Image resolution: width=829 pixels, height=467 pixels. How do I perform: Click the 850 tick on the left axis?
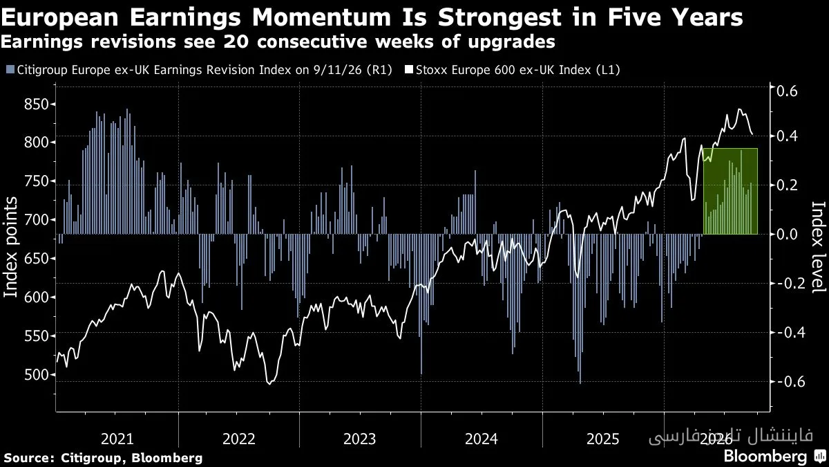[36, 104]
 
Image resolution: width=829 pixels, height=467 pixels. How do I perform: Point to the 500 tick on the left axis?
[36, 374]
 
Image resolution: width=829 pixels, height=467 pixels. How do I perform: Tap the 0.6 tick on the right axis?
[787, 91]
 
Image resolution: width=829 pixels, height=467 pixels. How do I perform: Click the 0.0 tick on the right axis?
[787, 235]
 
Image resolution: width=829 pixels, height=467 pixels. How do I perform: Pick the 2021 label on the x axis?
[117, 439]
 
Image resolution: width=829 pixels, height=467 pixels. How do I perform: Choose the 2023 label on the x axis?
[360, 439]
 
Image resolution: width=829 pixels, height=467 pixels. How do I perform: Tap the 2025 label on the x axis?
[603, 439]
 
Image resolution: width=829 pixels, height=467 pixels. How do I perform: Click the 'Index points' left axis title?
[10, 247]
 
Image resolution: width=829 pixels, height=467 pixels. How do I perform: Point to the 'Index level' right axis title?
[819, 247]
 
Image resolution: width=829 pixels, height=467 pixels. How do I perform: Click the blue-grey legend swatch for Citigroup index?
[10, 70]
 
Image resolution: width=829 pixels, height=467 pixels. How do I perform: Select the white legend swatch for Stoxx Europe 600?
[409, 70]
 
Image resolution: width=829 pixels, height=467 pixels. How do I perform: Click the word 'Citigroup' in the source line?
[91, 458]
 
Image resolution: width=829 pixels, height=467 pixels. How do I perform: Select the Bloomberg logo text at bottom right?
[765, 456]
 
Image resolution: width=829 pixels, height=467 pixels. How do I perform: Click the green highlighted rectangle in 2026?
[730, 191]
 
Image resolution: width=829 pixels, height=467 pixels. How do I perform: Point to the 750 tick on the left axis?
[36, 181]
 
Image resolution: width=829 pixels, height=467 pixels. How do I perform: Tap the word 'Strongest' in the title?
[499, 18]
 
